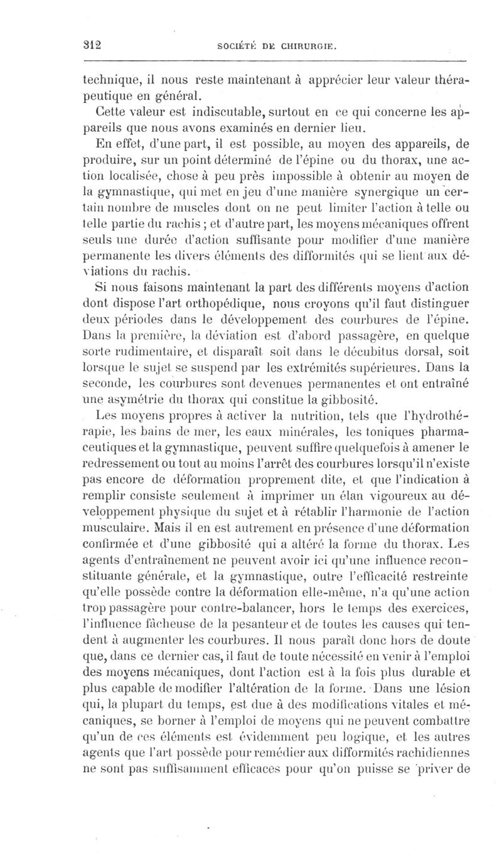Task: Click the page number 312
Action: [93, 45]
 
